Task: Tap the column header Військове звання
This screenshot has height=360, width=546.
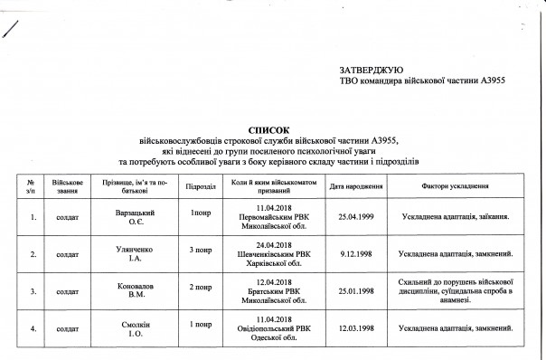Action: point(68,186)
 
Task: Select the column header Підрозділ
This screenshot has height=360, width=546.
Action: point(199,186)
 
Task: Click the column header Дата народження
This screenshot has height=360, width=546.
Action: point(356,186)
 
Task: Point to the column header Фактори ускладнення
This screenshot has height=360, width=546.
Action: point(456,186)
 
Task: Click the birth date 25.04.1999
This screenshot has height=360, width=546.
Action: point(356,218)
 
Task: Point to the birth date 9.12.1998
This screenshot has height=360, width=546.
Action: point(356,255)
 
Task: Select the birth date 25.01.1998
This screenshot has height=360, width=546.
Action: point(356,291)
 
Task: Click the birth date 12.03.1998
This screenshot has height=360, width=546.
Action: point(356,328)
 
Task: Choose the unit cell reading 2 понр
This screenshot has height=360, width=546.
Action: point(200,286)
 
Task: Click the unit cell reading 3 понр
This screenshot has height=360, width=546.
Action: point(200,249)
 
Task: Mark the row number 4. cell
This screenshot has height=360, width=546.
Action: point(33,328)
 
